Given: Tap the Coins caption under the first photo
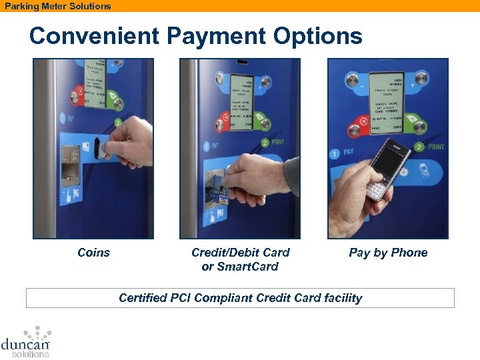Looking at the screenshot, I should click(93, 253).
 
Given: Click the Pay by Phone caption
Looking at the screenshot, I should click(388, 253).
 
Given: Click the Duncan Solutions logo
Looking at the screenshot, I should click(27, 341).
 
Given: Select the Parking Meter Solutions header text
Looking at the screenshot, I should click(58, 6).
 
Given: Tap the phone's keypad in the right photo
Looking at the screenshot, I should click(377, 189).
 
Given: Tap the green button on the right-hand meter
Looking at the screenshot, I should click(421, 123).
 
